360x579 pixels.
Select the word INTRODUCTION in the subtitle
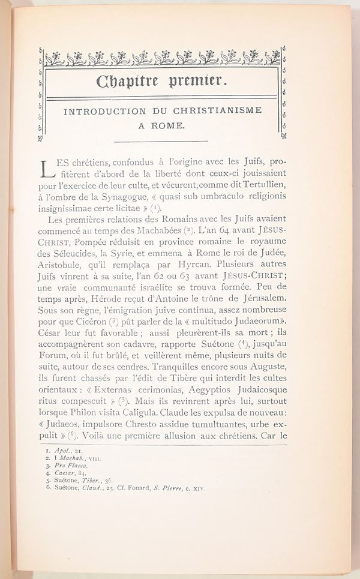104,111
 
